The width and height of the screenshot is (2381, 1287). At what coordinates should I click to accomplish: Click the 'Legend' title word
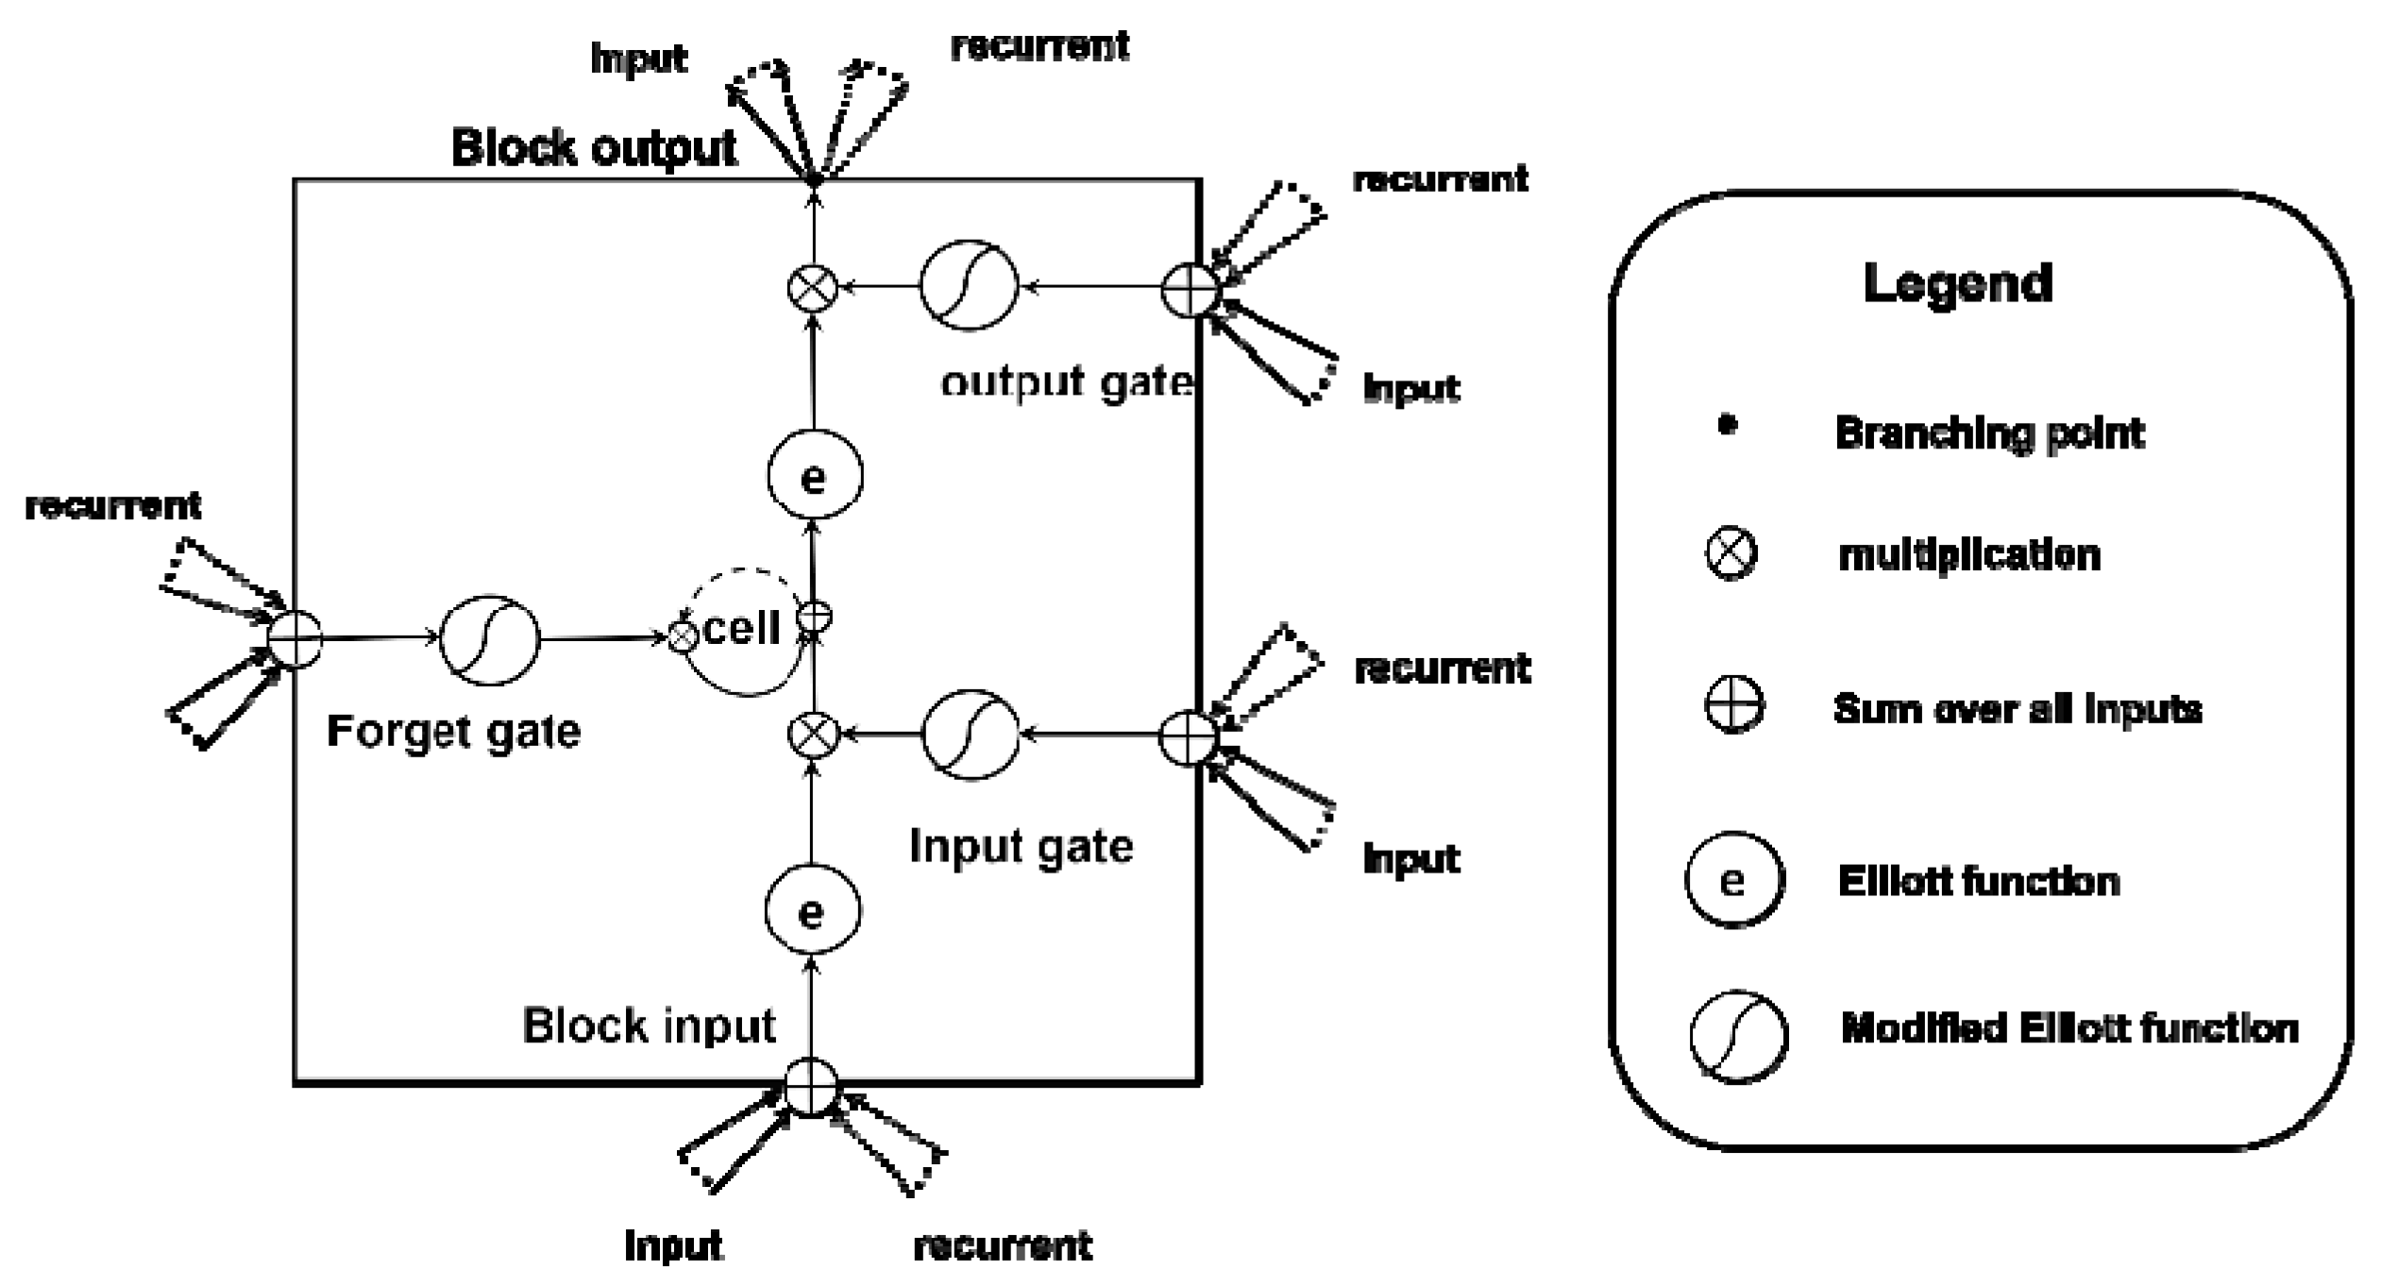tap(1957, 283)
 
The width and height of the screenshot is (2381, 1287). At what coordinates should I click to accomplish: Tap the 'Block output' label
tap(594, 148)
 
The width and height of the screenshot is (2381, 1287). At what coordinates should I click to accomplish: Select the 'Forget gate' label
tap(453, 732)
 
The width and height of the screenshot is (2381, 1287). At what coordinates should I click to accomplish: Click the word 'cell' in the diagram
tap(742, 628)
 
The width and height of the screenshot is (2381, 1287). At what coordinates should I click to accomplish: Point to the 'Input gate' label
tap(1021, 846)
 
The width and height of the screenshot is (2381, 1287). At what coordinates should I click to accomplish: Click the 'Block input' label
tap(649, 1025)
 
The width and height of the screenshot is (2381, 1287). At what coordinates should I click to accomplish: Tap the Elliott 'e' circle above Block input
tap(812, 911)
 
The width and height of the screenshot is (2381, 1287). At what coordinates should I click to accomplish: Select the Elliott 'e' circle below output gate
tap(814, 476)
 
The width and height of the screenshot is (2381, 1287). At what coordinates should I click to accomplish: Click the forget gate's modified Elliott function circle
tap(490, 640)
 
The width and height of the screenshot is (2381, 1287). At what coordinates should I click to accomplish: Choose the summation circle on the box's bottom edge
tap(812, 1088)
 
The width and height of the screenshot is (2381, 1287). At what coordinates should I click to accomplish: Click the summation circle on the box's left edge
tap(296, 639)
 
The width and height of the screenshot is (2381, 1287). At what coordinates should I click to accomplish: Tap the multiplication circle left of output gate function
tap(813, 287)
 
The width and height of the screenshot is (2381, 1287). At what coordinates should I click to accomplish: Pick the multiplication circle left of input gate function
tap(813, 735)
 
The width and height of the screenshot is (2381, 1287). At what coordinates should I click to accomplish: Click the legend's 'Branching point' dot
tap(1727, 426)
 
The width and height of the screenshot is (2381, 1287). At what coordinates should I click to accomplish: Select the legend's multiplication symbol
tap(1731, 553)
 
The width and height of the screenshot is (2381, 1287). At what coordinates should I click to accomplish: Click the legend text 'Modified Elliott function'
tap(2069, 1028)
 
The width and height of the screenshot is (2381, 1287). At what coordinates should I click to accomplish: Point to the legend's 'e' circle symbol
tap(1734, 880)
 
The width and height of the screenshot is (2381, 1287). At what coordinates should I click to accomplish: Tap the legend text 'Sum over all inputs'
tap(2017, 708)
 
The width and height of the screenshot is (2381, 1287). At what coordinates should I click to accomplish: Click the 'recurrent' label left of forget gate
tap(112, 506)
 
